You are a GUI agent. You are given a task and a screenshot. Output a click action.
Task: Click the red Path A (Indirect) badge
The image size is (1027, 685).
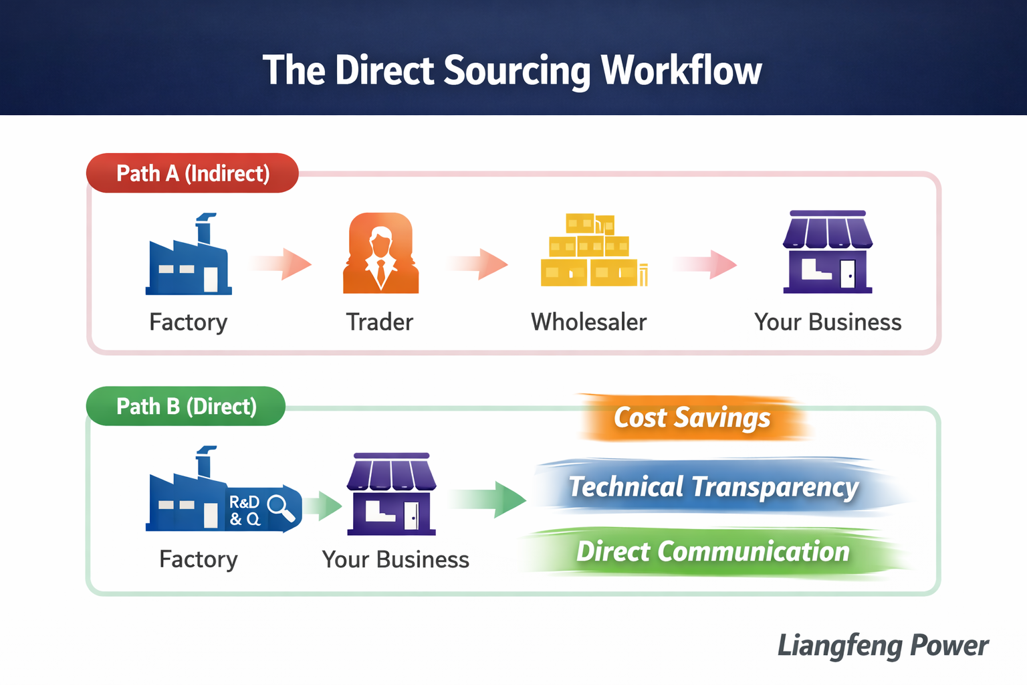tap(193, 173)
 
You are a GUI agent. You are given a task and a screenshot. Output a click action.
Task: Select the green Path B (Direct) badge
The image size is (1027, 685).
tap(186, 406)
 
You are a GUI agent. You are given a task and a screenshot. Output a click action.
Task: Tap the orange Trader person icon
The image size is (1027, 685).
tap(380, 254)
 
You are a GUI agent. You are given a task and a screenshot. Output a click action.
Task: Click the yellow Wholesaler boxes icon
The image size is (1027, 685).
tap(592, 251)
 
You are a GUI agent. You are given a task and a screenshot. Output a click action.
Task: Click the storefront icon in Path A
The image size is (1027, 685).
tap(828, 252)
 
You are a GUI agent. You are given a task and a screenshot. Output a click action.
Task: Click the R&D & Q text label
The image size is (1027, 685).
tap(244, 510)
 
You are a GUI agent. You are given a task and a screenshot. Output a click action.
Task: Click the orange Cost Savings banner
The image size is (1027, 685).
tap(693, 418)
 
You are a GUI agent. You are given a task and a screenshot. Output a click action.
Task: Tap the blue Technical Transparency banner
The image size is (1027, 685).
tap(713, 487)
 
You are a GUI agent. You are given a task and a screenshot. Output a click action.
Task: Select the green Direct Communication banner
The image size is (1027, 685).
tap(713, 552)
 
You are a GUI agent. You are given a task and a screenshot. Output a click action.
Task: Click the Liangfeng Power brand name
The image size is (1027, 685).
tap(883, 646)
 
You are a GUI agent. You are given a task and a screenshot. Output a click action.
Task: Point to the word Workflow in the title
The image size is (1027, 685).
tap(681, 70)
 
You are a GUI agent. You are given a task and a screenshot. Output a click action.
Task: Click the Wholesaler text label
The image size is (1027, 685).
tap(588, 322)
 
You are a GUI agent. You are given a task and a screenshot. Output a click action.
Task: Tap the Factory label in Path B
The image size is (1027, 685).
tap(199, 559)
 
